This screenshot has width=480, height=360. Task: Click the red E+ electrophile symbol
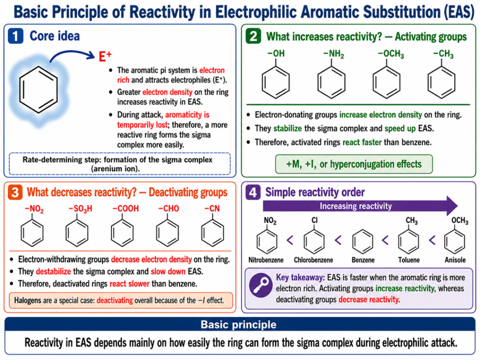(105, 57)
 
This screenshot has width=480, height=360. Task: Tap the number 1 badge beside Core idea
(15, 36)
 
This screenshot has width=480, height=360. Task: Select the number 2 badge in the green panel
(254, 36)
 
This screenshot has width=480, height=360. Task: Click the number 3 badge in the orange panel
(15, 192)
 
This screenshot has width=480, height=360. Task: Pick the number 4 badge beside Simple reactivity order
(253, 192)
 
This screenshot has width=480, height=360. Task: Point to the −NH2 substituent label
(333, 54)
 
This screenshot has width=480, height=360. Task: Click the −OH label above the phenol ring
(276, 53)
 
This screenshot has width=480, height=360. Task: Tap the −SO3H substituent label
(80, 209)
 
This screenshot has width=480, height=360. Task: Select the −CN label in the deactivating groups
(212, 209)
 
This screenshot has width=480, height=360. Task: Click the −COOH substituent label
(126, 209)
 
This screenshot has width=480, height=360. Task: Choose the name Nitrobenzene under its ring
(266, 260)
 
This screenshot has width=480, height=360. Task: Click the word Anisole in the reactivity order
(455, 260)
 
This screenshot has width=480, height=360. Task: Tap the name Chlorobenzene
(314, 260)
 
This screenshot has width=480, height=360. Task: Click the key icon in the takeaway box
(261, 285)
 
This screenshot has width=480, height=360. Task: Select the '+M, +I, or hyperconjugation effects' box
(354, 165)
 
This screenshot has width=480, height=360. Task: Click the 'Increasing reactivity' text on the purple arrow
(356, 206)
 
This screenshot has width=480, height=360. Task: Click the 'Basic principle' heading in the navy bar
(239, 324)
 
